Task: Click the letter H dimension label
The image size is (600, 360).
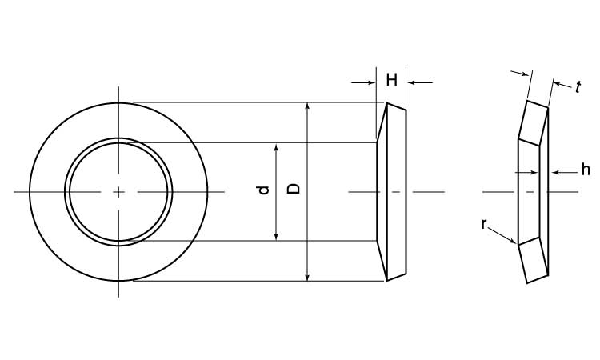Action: coord(391,80)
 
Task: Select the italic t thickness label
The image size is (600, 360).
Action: coord(578,87)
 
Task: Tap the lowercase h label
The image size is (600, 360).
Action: coord(586,170)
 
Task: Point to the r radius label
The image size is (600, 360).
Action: coord(484,225)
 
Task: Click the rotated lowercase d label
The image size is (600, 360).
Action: coord(264,190)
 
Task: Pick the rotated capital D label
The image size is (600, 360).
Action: coord(294,189)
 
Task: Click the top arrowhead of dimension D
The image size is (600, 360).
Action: coord(307,106)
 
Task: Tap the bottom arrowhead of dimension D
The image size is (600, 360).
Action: coord(307,277)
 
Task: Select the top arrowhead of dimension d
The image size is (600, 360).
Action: coord(276,147)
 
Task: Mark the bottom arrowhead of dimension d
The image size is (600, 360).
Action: coord(276,237)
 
